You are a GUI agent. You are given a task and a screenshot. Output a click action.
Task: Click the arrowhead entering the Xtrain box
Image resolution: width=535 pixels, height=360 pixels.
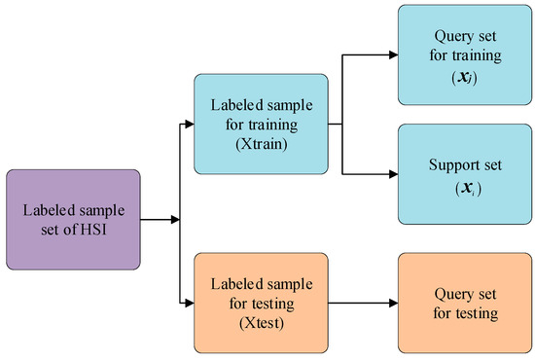[x=188, y=124]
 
